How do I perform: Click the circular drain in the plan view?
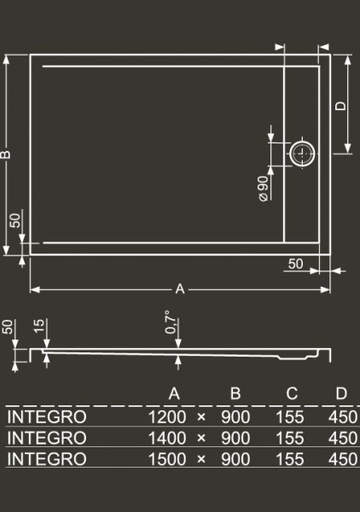click(x=303, y=154)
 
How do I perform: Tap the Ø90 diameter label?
click(x=264, y=189)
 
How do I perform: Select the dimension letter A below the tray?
click(x=180, y=289)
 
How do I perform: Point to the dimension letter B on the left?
click(x=6, y=154)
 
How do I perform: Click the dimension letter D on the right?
click(x=340, y=106)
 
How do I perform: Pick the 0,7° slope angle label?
click(x=171, y=323)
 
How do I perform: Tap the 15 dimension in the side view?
click(x=39, y=326)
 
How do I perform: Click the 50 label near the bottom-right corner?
click(x=296, y=264)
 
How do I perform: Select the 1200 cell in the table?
click(x=167, y=417)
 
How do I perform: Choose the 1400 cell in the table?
click(x=167, y=438)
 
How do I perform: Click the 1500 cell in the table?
click(x=167, y=459)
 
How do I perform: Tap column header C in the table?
click(x=292, y=393)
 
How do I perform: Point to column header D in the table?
click(x=341, y=393)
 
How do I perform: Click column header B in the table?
click(x=235, y=393)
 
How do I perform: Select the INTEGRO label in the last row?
click(x=47, y=459)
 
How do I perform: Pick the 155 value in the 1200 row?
click(x=290, y=417)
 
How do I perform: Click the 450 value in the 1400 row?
click(x=342, y=438)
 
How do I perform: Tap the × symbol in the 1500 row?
click(x=201, y=459)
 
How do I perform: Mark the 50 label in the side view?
click(x=8, y=327)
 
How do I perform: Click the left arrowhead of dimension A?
click(x=35, y=289)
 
